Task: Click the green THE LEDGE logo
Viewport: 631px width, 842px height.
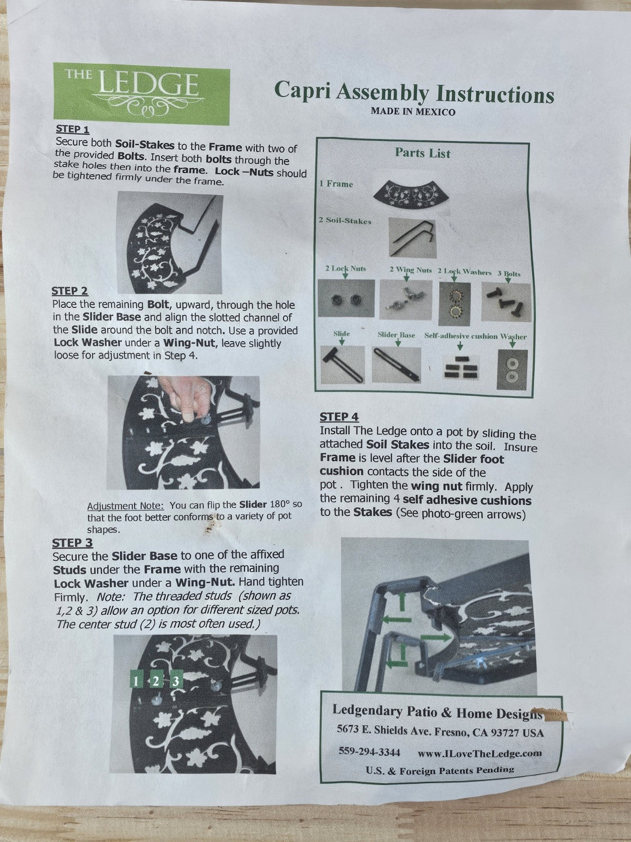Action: click(141, 94)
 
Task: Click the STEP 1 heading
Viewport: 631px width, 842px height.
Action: click(73, 129)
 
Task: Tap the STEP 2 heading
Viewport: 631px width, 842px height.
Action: click(70, 291)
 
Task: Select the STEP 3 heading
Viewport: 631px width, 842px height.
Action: click(73, 543)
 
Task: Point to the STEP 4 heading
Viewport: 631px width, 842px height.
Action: click(339, 417)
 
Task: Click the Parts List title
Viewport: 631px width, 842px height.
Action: click(423, 153)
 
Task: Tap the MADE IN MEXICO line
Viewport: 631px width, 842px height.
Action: click(413, 112)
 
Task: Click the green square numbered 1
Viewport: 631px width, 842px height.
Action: click(136, 680)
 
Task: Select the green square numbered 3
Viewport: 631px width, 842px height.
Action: click(176, 681)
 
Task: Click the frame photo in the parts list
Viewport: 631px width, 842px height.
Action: click(411, 195)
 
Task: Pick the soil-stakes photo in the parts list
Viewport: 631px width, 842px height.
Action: click(413, 237)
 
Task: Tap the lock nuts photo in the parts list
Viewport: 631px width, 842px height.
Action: click(346, 298)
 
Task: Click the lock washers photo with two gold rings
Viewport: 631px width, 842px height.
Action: click(454, 304)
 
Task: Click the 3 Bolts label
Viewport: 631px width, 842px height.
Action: click(509, 274)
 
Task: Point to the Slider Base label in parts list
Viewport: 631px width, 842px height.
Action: click(396, 335)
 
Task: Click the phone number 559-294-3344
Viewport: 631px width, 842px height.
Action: click(369, 751)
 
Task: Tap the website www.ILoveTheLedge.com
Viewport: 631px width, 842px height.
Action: click(480, 753)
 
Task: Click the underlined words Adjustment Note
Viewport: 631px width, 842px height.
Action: click(125, 506)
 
